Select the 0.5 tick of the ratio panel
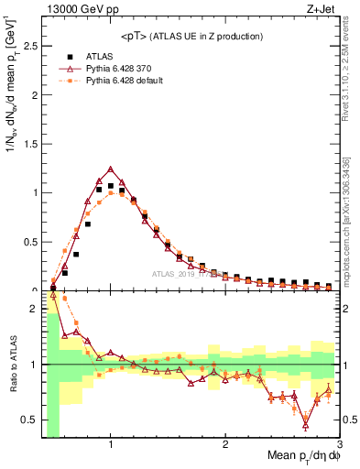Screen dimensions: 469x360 (x=32, y=420)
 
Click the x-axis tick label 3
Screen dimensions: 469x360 (x=338, y=444)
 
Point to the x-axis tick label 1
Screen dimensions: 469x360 (x=111, y=444)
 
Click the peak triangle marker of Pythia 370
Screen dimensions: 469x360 (x=111, y=169)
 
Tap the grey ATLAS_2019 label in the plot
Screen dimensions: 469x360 (x=180, y=274)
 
